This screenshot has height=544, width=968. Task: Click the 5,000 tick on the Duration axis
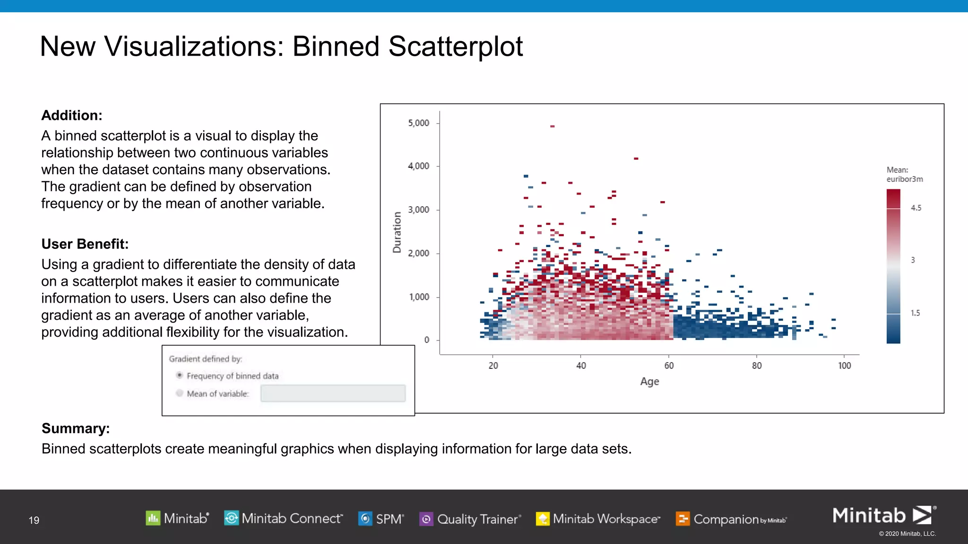(x=419, y=123)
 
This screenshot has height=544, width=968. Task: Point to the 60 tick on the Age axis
(x=669, y=365)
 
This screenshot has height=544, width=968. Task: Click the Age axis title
(x=649, y=382)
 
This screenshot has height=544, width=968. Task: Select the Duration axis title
(x=397, y=232)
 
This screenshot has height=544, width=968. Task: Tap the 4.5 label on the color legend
(x=916, y=208)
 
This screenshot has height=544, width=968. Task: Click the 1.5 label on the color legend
(x=915, y=313)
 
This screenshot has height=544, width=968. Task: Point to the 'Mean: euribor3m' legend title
(x=904, y=174)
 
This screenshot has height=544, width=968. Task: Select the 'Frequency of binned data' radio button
(x=180, y=375)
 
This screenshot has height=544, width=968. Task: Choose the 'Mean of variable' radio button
(x=180, y=393)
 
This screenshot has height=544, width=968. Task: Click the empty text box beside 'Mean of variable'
(x=333, y=393)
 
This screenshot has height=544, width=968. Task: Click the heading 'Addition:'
(x=72, y=115)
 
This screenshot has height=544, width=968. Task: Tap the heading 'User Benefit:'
(x=85, y=244)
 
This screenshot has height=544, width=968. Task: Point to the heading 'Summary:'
(x=76, y=428)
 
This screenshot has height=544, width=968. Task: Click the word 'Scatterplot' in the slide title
(x=455, y=46)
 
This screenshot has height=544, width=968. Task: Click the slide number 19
(x=34, y=520)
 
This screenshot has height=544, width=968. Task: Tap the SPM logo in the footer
(x=381, y=518)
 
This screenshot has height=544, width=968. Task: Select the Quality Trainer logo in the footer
(x=470, y=519)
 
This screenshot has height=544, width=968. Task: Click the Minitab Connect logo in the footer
(x=283, y=518)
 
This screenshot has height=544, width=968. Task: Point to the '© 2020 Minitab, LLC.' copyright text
(x=907, y=534)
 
